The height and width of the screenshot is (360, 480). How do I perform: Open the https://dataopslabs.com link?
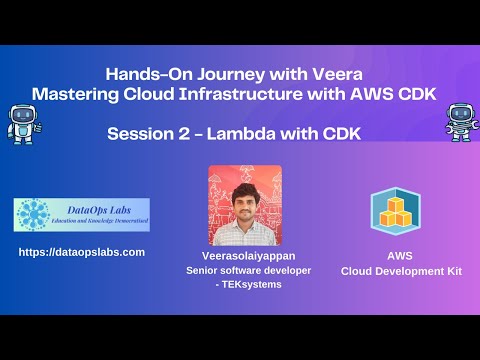tap(82, 252)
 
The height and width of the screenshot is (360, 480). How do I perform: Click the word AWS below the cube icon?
tap(393, 255)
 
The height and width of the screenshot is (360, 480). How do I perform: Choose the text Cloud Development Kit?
tap(393, 270)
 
